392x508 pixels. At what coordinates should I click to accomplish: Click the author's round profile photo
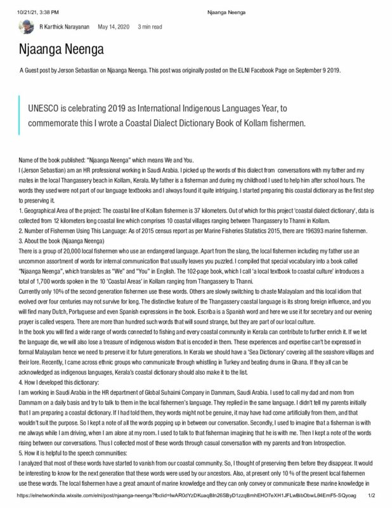pyautogui.click(x=26, y=27)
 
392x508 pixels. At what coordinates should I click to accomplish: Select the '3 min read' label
pyautogui.click(x=150, y=27)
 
